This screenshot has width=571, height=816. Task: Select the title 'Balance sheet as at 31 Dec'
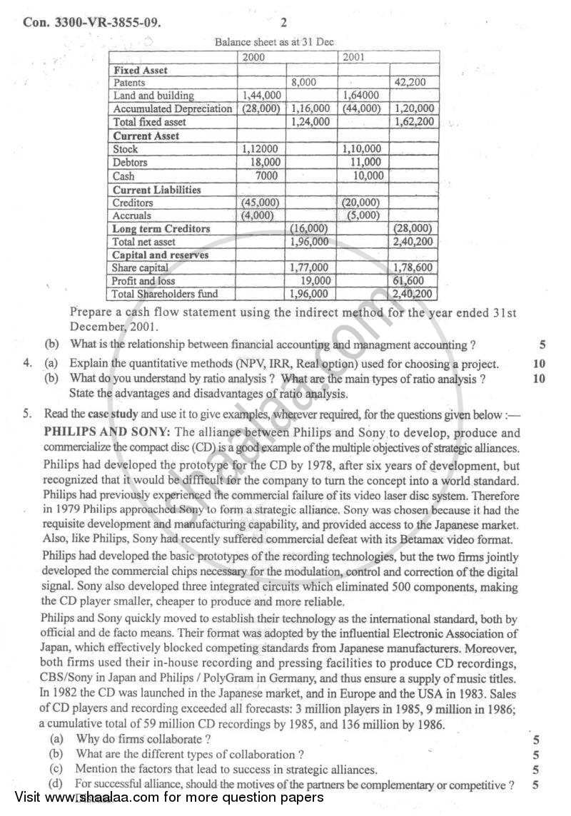[274, 42]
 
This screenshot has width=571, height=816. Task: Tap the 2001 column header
[354, 56]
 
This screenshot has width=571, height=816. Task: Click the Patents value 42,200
[410, 82]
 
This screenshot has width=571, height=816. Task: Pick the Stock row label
[126, 149]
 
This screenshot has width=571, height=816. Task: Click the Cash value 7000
[266, 175]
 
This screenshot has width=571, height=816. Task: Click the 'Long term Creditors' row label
[161, 229]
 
